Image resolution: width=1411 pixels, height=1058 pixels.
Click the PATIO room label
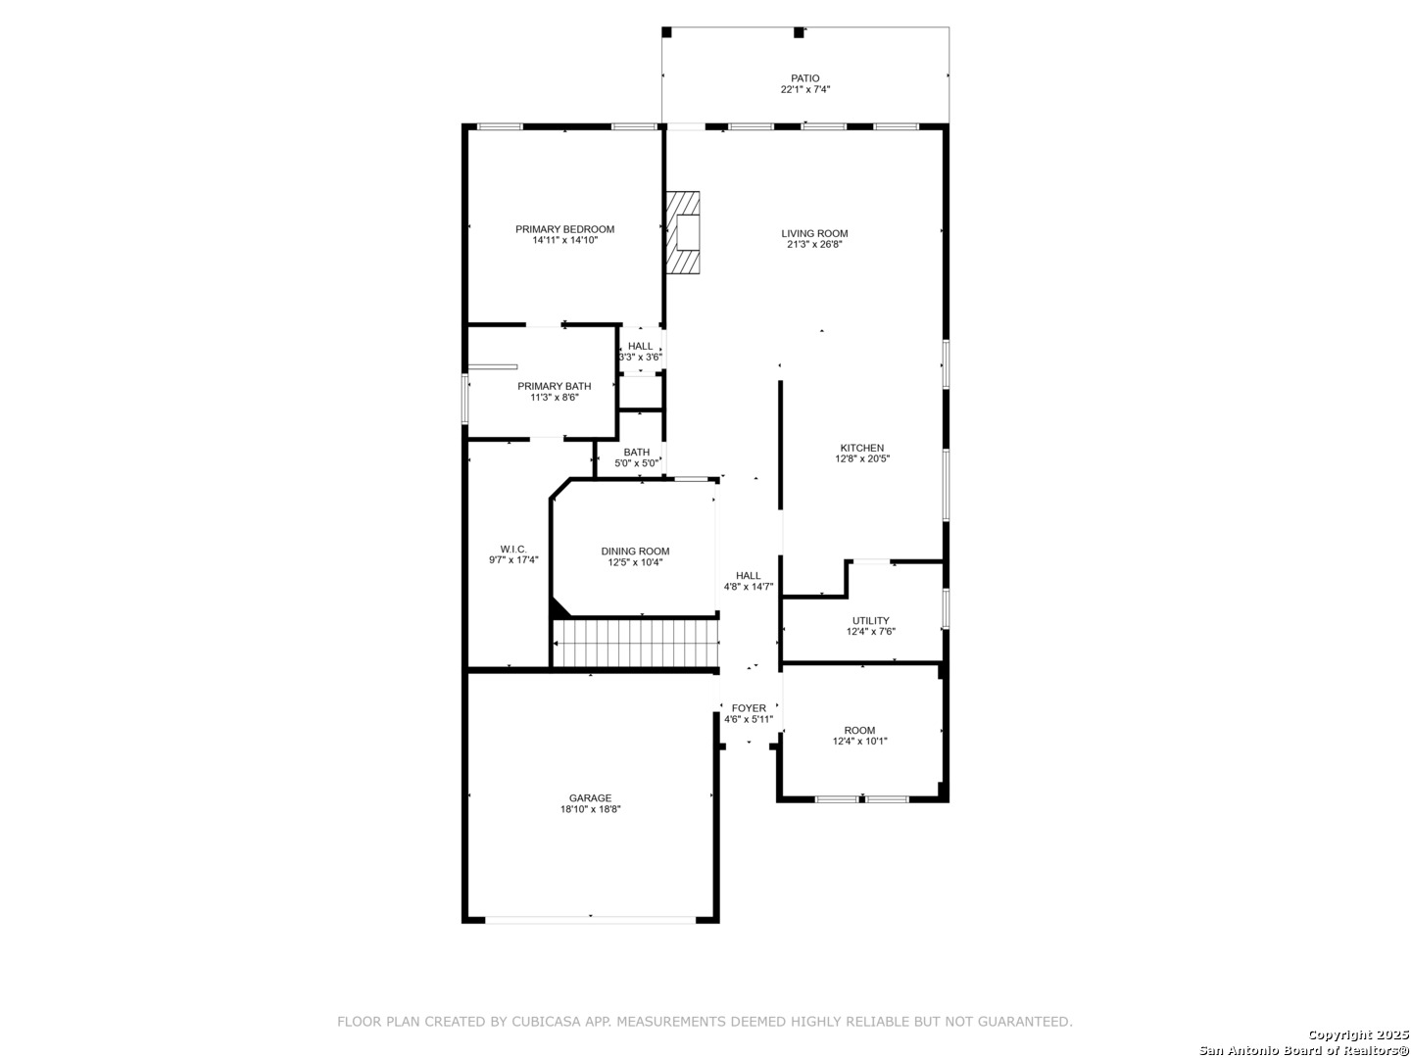[x=804, y=78]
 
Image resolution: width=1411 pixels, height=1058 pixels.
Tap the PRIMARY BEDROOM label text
[x=564, y=229]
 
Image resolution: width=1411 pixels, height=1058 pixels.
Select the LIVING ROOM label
[x=814, y=233]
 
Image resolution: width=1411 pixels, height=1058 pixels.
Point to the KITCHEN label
[x=861, y=448]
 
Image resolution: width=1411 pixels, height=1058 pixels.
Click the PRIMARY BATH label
[x=554, y=386]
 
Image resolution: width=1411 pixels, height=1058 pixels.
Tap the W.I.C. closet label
[x=513, y=549]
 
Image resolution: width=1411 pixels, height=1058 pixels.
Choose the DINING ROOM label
[x=635, y=552]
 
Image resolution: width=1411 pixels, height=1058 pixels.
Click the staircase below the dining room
[x=637, y=643]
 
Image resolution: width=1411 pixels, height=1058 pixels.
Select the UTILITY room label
[x=870, y=620]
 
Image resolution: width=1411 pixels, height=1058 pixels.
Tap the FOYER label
[x=749, y=708]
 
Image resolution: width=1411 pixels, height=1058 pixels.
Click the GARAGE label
[x=590, y=798]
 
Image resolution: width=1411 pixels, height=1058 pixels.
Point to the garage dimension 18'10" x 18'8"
[x=590, y=810]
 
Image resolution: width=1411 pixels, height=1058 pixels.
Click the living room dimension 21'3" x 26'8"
[x=814, y=245]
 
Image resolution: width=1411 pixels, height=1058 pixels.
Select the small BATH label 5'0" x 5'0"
[x=636, y=452]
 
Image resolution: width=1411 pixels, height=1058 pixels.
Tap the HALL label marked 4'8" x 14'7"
[x=749, y=576]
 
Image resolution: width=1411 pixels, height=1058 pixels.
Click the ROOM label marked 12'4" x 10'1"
[x=859, y=730]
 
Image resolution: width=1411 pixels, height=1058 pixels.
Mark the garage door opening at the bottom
[x=591, y=919]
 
